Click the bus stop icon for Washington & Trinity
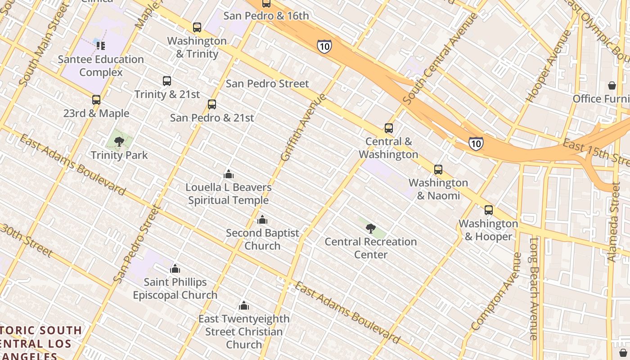point(197,27)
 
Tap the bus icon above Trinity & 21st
point(167,81)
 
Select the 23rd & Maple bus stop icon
point(96,100)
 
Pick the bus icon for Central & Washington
point(389,128)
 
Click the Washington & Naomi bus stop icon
point(438,170)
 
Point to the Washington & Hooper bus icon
point(489,210)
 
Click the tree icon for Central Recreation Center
point(371,229)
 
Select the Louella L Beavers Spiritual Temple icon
point(229,174)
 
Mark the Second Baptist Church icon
point(262,220)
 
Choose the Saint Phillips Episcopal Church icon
point(175,269)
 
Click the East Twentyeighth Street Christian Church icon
point(244,306)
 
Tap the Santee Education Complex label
point(101,66)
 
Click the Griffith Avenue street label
point(303,127)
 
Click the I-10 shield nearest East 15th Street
point(476,144)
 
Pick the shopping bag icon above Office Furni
point(612,85)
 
